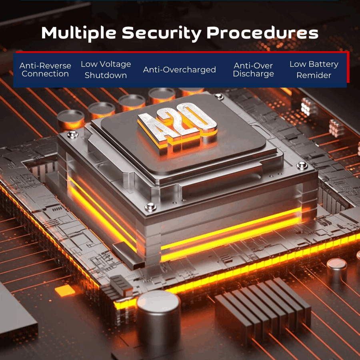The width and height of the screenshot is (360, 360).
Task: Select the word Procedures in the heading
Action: coord(262,33)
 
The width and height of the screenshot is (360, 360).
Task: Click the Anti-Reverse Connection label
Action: coord(45,70)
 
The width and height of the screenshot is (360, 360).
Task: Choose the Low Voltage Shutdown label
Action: coord(106,70)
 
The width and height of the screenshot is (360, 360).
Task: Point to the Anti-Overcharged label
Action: coord(179,70)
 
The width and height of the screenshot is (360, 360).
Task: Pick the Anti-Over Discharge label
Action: coord(254,70)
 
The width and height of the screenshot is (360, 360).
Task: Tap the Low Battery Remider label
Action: coord(314,70)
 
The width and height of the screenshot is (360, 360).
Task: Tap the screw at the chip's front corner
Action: coord(150,207)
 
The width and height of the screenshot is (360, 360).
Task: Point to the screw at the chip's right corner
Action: coord(302,165)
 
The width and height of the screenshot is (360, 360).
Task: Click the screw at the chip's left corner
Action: coord(72,134)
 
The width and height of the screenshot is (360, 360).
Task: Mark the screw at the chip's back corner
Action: coord(219,96)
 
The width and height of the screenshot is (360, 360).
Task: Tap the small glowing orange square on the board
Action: coord(65,290)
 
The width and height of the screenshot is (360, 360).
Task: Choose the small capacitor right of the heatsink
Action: coord(336,271)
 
